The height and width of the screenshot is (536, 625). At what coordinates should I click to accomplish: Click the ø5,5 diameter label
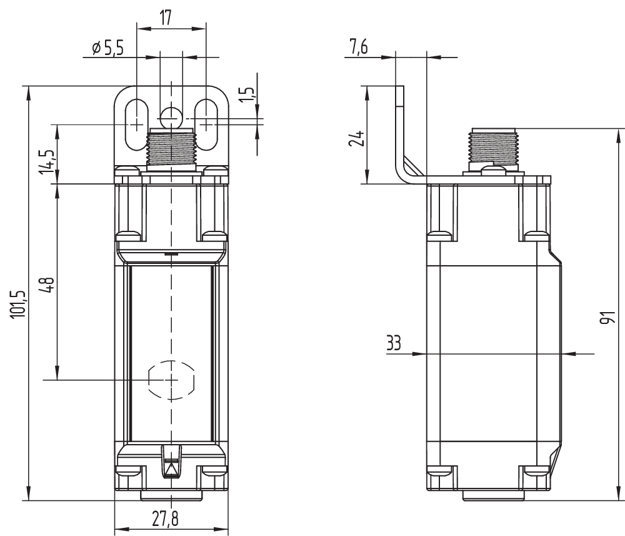(x=107, y=48)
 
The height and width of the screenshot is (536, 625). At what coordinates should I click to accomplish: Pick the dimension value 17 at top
(x=166, y=18)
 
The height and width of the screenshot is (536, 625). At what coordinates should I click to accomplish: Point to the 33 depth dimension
(x=394, y=344)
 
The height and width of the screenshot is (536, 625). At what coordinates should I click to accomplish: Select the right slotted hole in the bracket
(x=205, y=124)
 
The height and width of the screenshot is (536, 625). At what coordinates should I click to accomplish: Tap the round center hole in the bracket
(x=171, y=117)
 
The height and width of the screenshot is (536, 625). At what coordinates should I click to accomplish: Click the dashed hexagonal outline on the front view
(x=171, y=380)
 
